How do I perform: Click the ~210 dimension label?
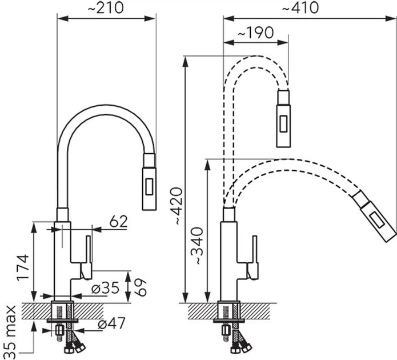tap(106, 7)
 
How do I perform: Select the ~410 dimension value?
tap(300, 7)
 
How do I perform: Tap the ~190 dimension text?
tap(256, 33)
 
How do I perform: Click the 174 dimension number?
tap(23, 268)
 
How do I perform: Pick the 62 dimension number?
tap(118, 221)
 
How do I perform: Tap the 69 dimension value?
tap(141, 287)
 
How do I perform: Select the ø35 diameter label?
tap(105, 287)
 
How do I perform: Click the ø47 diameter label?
tap(111, 323)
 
